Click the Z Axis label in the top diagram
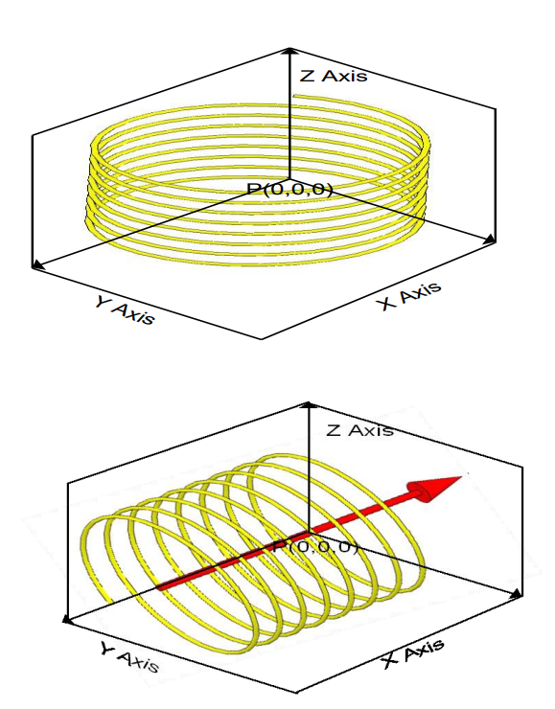[x=334, y=76]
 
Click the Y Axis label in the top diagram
[x=125, y=309]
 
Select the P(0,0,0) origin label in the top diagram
[x=289, y=189]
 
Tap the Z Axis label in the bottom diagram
[x=359, y=429]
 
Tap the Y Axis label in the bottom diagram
[x=129, y=657]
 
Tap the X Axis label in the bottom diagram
[x=413, y=652]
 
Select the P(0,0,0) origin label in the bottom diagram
[x=315, y=547]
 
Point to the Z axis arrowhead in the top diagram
[x=289, y=51]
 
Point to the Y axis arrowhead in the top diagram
[x=38, y=265]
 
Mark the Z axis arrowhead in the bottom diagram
[x=309, y=404]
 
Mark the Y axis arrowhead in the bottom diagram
[x=68, y=620]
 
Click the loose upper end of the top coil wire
[x=295, y=96]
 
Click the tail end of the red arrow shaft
[x=159, y=588]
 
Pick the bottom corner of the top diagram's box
[x=262, y=338]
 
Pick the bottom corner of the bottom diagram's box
[x=296, y=693]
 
